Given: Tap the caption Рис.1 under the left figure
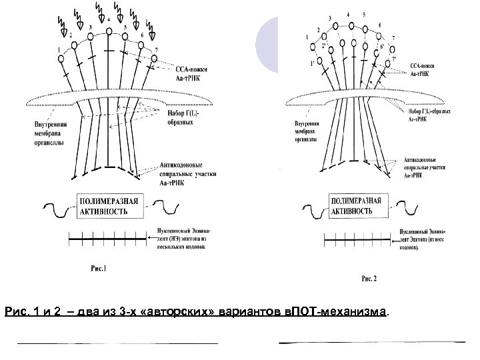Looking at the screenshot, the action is tap(97, 269).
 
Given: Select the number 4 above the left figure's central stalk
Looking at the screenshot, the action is tap(108, 21).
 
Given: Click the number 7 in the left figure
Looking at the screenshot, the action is tap(156, 51).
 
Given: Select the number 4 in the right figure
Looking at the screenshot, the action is tap(347, 13).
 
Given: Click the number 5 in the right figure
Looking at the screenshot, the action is tap(363, 14).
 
